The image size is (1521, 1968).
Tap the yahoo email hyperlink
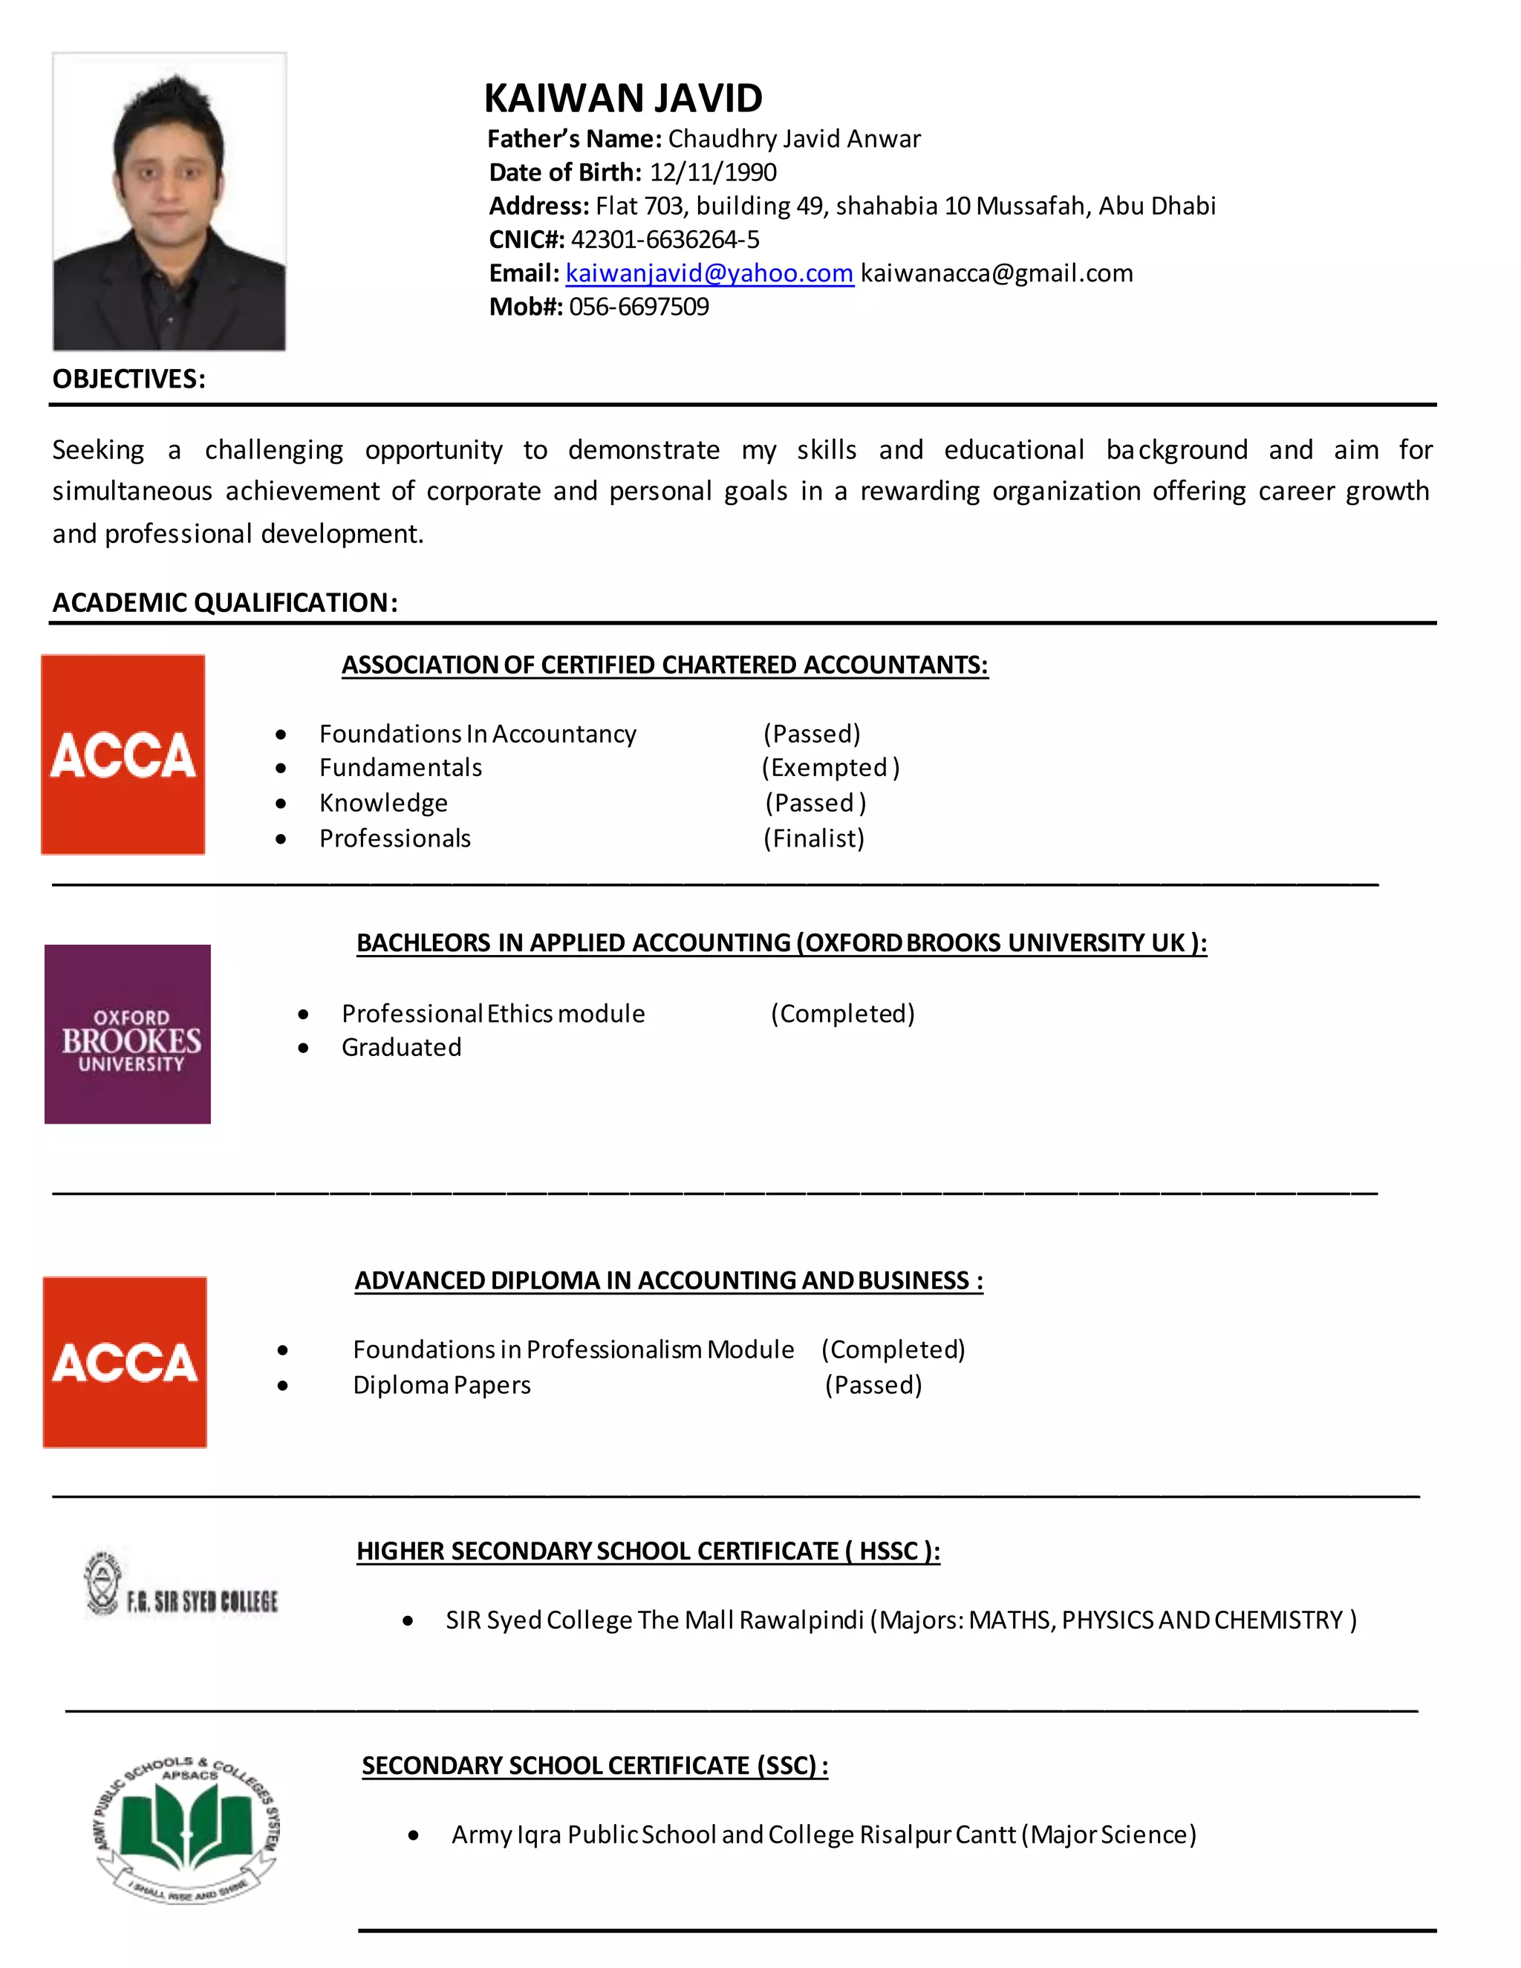[709, 273]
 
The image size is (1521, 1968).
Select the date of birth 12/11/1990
[713, 172]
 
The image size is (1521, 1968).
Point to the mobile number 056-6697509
[639, 307]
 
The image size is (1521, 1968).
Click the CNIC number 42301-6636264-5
[665, 240]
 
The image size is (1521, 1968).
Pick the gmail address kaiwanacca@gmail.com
[997, 273]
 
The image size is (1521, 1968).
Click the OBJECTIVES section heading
[128, 379]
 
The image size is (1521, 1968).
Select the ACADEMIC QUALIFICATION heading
[224, 603]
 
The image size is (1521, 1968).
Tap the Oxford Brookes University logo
[128, 1034]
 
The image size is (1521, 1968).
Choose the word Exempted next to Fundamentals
[830, 768]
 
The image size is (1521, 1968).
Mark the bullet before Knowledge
[281, 804]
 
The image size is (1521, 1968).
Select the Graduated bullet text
[401, 1048]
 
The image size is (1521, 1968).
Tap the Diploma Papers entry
[442, 1385]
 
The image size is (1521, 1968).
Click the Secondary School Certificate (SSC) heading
[595, 1765]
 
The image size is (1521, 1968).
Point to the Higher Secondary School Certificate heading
[648, 1551]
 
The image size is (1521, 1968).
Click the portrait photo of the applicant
[169, 201]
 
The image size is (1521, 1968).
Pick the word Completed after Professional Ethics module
[842, 1014]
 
